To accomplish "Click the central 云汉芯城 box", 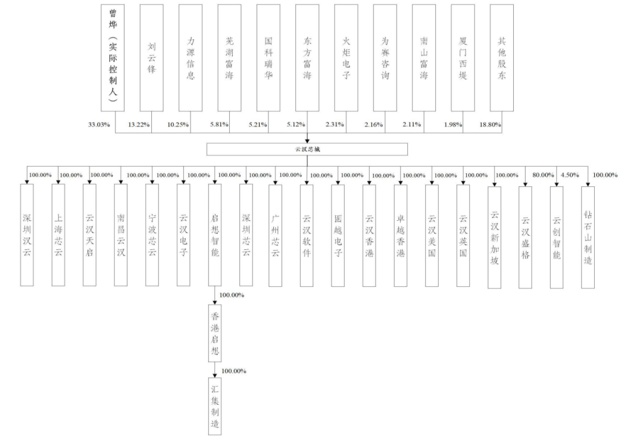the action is pyautogui.click(x=307, y=149).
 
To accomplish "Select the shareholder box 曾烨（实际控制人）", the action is pyautogui.click(x=113, y=58).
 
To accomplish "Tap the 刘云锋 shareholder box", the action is pyautogui.click(x=152, y=58).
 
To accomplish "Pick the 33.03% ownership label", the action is pyautogui.click(x=99, y=124).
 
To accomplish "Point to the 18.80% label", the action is pyautogui.click(x=491, y=124).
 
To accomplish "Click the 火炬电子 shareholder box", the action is pyautogui.click(x=346, y=58).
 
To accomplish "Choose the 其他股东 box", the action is pyautogui.click(x=502, y=58).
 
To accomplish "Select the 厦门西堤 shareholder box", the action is pyautogui.click(x=463, y=58).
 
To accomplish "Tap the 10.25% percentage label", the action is pyautogui.click(x=178, y=124).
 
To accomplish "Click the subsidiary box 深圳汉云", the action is pyautogui.click(x=27, y=235).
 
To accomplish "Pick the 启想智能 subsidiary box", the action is pyautogui.click(x=215, y=235).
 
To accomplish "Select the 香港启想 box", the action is pyautogui.click(x=215, y=333).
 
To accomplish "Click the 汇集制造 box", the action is pyautogui.click(x=215, y=406).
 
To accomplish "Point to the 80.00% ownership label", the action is pyautogui.click(x=543, y=175).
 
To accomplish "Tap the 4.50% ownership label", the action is pyautogui.click(x=570, y=175).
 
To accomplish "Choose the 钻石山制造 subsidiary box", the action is pyautogui.click(x=588, y=237).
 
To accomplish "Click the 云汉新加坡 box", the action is pyautogui.click(x=495, y=237).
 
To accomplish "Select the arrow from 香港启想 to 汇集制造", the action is pyautogui.click(x=215, y=370).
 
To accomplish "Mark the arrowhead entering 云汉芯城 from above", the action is pyautogui.click(x=307, y=140).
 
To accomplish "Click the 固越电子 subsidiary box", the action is pyautogui.click(x=338, y=235).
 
